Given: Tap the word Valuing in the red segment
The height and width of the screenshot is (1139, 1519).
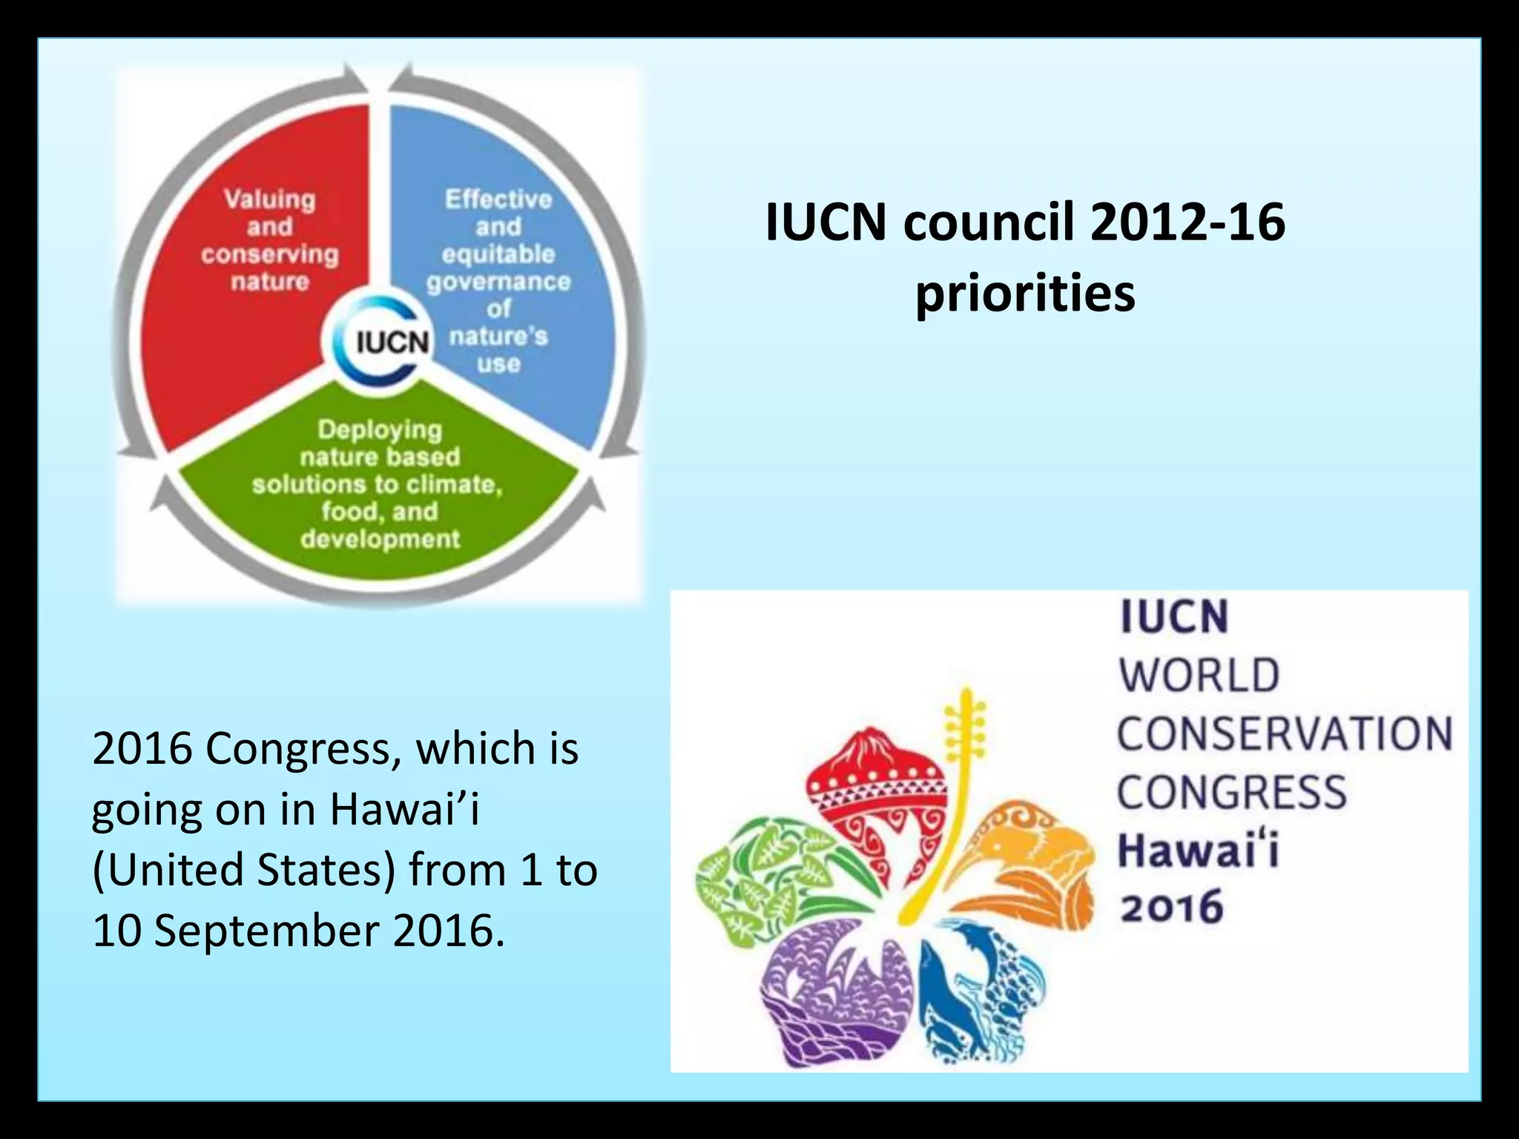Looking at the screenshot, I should click(x=270, y=199).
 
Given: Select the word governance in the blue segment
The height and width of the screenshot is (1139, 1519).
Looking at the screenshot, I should click(x=498, y=282).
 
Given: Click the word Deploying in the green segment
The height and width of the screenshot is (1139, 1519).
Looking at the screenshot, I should click(x=380, y=429).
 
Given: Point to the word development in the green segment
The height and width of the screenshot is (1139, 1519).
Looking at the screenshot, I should click(x=380, y=539).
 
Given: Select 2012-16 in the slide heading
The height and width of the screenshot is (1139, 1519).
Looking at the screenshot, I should click(x=1187, y=222).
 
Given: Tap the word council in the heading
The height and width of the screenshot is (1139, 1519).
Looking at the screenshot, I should click(x=989, y=222).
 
